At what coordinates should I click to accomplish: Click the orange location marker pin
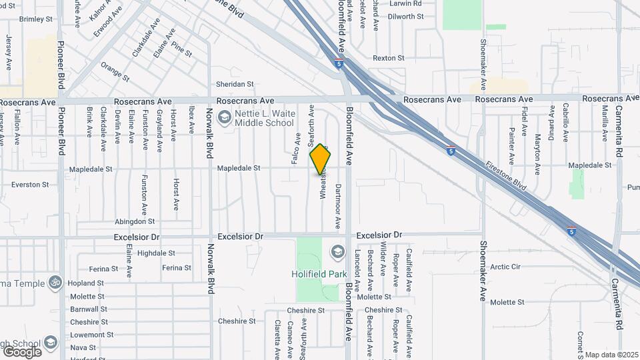point(321,159)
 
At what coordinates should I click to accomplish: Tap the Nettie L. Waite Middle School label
point(264,118)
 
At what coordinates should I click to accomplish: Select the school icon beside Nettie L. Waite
point(225,118)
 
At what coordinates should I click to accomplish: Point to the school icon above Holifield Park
point(337,252)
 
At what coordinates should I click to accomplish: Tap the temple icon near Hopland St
point(55,283)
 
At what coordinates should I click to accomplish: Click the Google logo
point(22,351)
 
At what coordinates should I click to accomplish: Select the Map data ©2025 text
point(611,355)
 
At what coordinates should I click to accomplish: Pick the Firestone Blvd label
point(506,177)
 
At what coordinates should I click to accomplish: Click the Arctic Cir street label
point(505,267)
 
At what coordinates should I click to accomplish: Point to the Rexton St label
point(389,58)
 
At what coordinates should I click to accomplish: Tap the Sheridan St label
point(235,84)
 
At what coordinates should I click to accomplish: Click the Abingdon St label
point(135,221)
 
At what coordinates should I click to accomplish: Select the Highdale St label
point(156,253)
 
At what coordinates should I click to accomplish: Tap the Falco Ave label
point(297,140)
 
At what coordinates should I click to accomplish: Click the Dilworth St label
point(406,17)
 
